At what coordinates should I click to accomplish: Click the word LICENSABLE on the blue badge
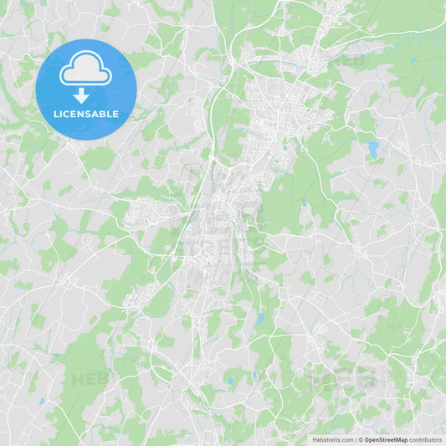point(85,114)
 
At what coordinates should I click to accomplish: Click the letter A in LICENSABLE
point(97,114)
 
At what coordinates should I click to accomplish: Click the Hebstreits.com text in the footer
point(333,439)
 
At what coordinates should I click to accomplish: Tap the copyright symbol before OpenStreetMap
point(361,439)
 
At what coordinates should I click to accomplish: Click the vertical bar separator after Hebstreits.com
point(356,439)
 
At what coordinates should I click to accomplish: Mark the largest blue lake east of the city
point(372,150)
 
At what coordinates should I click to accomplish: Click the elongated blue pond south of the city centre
point(259,318)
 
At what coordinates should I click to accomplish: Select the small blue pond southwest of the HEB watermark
point(40,402)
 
